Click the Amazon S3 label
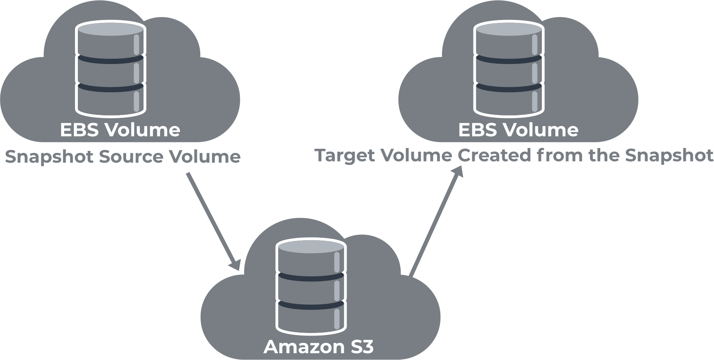318,347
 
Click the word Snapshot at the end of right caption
669,156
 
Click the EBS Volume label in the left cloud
120,130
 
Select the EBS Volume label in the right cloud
518,130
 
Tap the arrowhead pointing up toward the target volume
458,172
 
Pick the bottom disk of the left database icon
111,100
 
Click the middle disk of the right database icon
509,71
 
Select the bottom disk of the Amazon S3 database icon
311,318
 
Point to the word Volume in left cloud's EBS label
142,130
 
